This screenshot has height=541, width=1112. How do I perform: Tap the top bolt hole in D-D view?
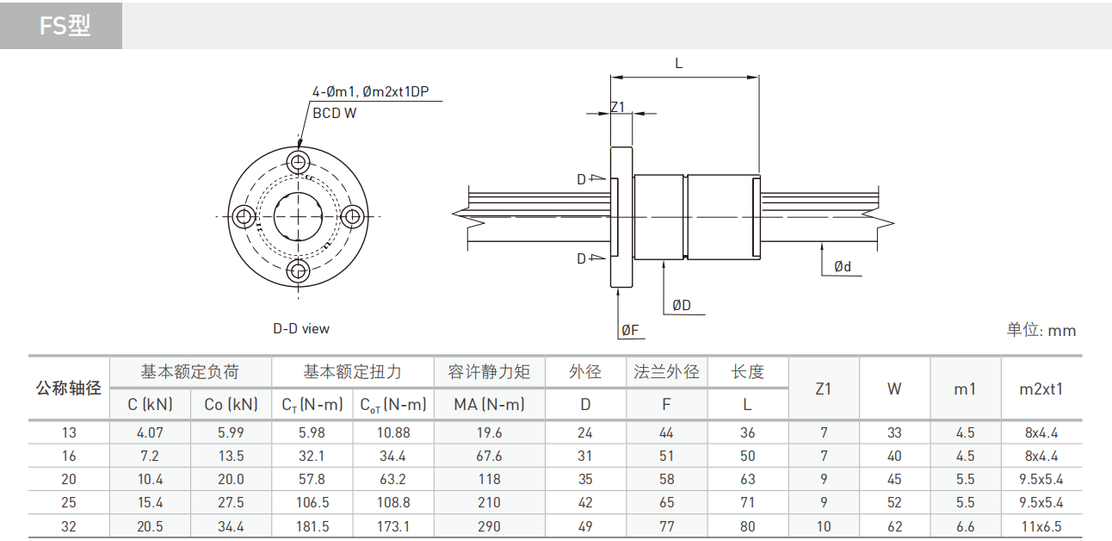(299, 162)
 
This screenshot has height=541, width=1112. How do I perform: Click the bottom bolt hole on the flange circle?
(299, 271)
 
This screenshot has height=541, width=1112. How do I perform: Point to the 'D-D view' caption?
(301, 328)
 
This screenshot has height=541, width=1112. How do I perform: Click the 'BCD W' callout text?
(334, 113)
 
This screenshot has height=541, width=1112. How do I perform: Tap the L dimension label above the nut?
(678, 64)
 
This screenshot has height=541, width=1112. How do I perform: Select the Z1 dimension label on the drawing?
(617, 107)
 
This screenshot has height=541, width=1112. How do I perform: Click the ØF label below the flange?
(630, 329)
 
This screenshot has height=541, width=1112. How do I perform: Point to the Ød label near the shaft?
(842, 267)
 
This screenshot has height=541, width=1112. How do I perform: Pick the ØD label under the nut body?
(682, 305)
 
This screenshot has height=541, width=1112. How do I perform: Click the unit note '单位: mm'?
(1041, 330)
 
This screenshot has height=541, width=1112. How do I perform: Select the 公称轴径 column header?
(69, 388)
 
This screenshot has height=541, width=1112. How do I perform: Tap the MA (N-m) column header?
(489, 404)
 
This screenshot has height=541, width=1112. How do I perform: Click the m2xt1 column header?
(1041, 389)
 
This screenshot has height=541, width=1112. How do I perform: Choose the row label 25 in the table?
(69, 502)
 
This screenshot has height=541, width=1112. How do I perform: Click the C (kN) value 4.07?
(150, 432)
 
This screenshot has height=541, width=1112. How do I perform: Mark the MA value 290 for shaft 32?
(489, 525)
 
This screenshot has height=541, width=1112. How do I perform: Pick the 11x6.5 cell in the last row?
(1041, 525)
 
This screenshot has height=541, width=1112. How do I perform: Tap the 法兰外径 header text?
(666, 372)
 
